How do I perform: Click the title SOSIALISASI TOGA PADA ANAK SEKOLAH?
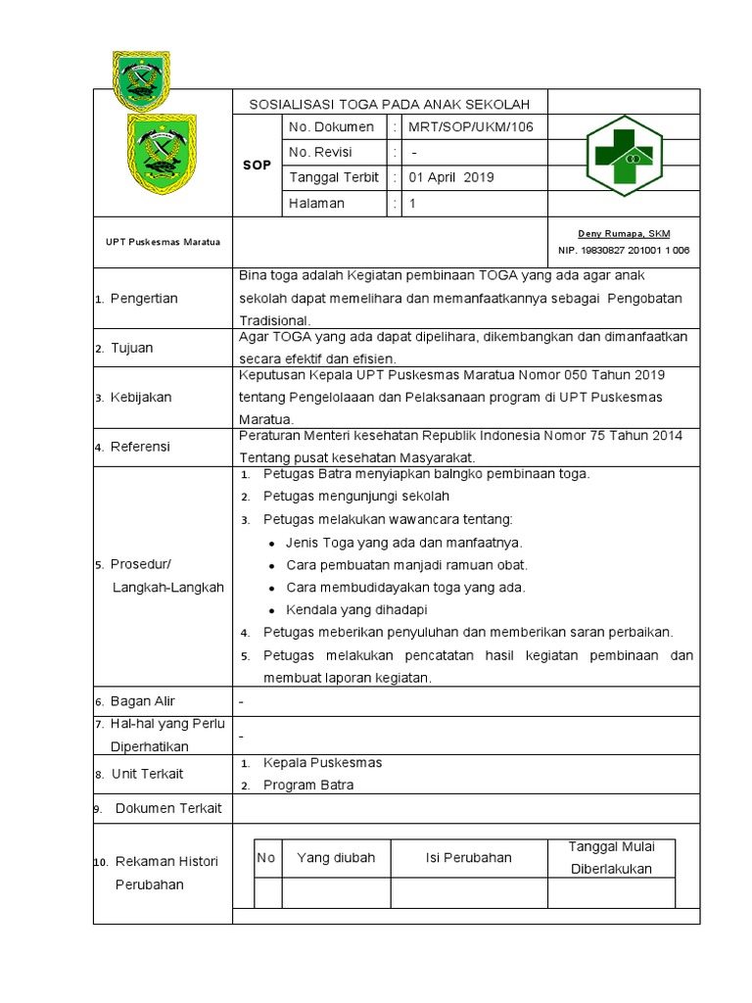point(390,104)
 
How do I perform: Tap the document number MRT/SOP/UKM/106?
point(464,127)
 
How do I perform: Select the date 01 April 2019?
point(451,178)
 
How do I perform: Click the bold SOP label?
point(257,166)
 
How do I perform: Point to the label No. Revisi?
point(320,152)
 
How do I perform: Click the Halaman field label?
point(316,204)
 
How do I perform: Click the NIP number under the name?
point(624,251)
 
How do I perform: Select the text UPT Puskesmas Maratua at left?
point(163,241)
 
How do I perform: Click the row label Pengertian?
point(144,299)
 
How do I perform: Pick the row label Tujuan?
point(131,348)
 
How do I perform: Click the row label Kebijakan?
point(140,398)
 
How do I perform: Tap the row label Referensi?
point(140,447)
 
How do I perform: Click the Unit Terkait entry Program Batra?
point(309,785)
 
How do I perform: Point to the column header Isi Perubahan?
point(468,858)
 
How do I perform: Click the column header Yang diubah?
point(336,858)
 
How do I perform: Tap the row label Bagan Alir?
point(143,701)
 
